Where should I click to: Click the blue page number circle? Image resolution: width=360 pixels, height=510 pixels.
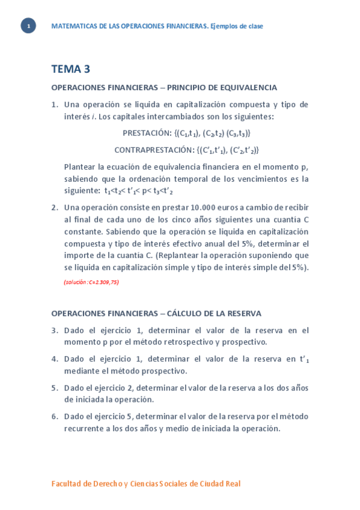coord(28,26)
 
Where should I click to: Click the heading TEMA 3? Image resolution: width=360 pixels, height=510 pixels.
coord(70,69)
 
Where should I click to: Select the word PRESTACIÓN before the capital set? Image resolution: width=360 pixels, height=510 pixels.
coord(147,133)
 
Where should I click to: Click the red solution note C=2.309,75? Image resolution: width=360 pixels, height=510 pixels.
coord(91,282)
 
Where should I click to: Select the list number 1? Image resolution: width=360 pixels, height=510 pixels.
coord(54,105)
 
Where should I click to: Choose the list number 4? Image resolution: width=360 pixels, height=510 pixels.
coord(54,359)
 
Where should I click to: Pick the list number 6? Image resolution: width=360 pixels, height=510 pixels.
coord(54,416)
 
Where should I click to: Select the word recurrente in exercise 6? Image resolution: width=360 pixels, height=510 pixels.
coord(85,428)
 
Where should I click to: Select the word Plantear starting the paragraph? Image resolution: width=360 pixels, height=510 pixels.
coord(81,167)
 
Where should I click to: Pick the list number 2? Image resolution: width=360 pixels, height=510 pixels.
coord(54,207)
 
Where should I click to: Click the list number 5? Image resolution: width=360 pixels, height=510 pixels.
coord(54,388)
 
